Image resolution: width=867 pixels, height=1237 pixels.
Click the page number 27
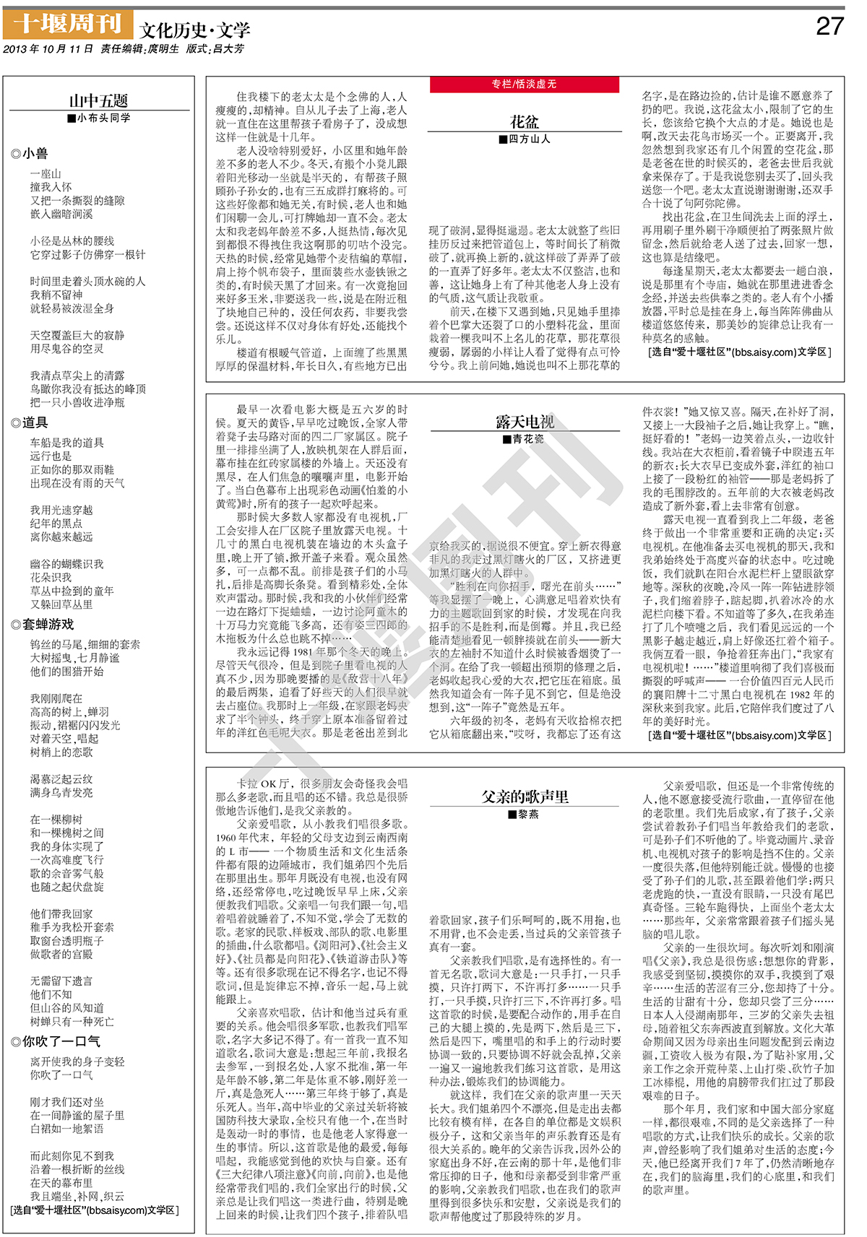pyautogui.click(x=829, y=27)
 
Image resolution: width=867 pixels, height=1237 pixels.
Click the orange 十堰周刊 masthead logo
pyautogui.click(x=68, y=25)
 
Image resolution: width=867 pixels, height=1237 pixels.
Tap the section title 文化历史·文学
pyautogui.click(x=194, y=30)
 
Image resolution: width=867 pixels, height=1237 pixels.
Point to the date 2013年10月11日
pyautogui.click(x=48, y=49)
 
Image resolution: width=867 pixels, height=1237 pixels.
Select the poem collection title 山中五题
pyautogui.click(x=98, y=100)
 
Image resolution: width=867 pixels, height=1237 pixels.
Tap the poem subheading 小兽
pyautogui.click(x=30, y=153)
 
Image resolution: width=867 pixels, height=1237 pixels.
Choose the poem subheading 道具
pyautogui.click(x=30, y=422)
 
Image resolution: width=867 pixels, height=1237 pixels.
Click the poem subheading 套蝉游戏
pyautogui.click(x=43, y=624)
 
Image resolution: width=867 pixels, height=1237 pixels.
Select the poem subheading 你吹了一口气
pyautogui.click(x=56, y=1041)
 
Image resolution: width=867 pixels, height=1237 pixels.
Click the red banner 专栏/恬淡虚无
pyautogui.click(x=525, y=84)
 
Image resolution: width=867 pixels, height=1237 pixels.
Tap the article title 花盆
pyautogui.click(x=525, y=121)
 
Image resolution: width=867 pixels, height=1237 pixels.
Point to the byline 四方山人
pyautogui.click(x=525, y=139)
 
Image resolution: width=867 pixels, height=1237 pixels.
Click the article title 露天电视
pyautogui.click(x=525, y=422)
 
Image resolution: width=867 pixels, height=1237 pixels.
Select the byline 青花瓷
pyautogui.click(x=524, y=439)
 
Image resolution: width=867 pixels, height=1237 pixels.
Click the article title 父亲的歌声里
pyautogui.click(x=525, y=797)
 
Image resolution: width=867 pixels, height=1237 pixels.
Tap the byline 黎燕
pyautogui.click(x=524, y=814)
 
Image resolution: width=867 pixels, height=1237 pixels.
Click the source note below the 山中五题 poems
pyautogui.click(x=95, y=1210)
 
